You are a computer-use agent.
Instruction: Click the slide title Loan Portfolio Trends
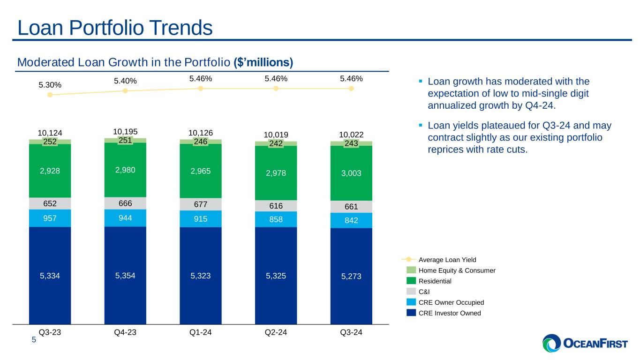[x=115, y=28]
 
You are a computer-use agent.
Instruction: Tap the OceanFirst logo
[x=585, y=343]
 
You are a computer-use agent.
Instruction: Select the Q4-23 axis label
[x=125, y=332]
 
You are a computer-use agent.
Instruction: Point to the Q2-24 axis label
[x=276, y=332]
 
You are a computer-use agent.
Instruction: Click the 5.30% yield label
[x=50, y=85]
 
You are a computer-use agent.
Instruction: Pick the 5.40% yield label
[x=125, y=81]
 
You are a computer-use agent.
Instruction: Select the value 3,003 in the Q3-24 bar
[x=351, y=173]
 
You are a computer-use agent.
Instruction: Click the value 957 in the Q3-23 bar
[x=50, y=218]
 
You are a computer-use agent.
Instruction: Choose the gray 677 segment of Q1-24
[x=200, y=204]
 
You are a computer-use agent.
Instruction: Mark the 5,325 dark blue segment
[x=276, y=276]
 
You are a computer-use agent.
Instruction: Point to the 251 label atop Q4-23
[x=125, y=140]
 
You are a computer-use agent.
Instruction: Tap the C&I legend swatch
[x=411, y=292]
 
